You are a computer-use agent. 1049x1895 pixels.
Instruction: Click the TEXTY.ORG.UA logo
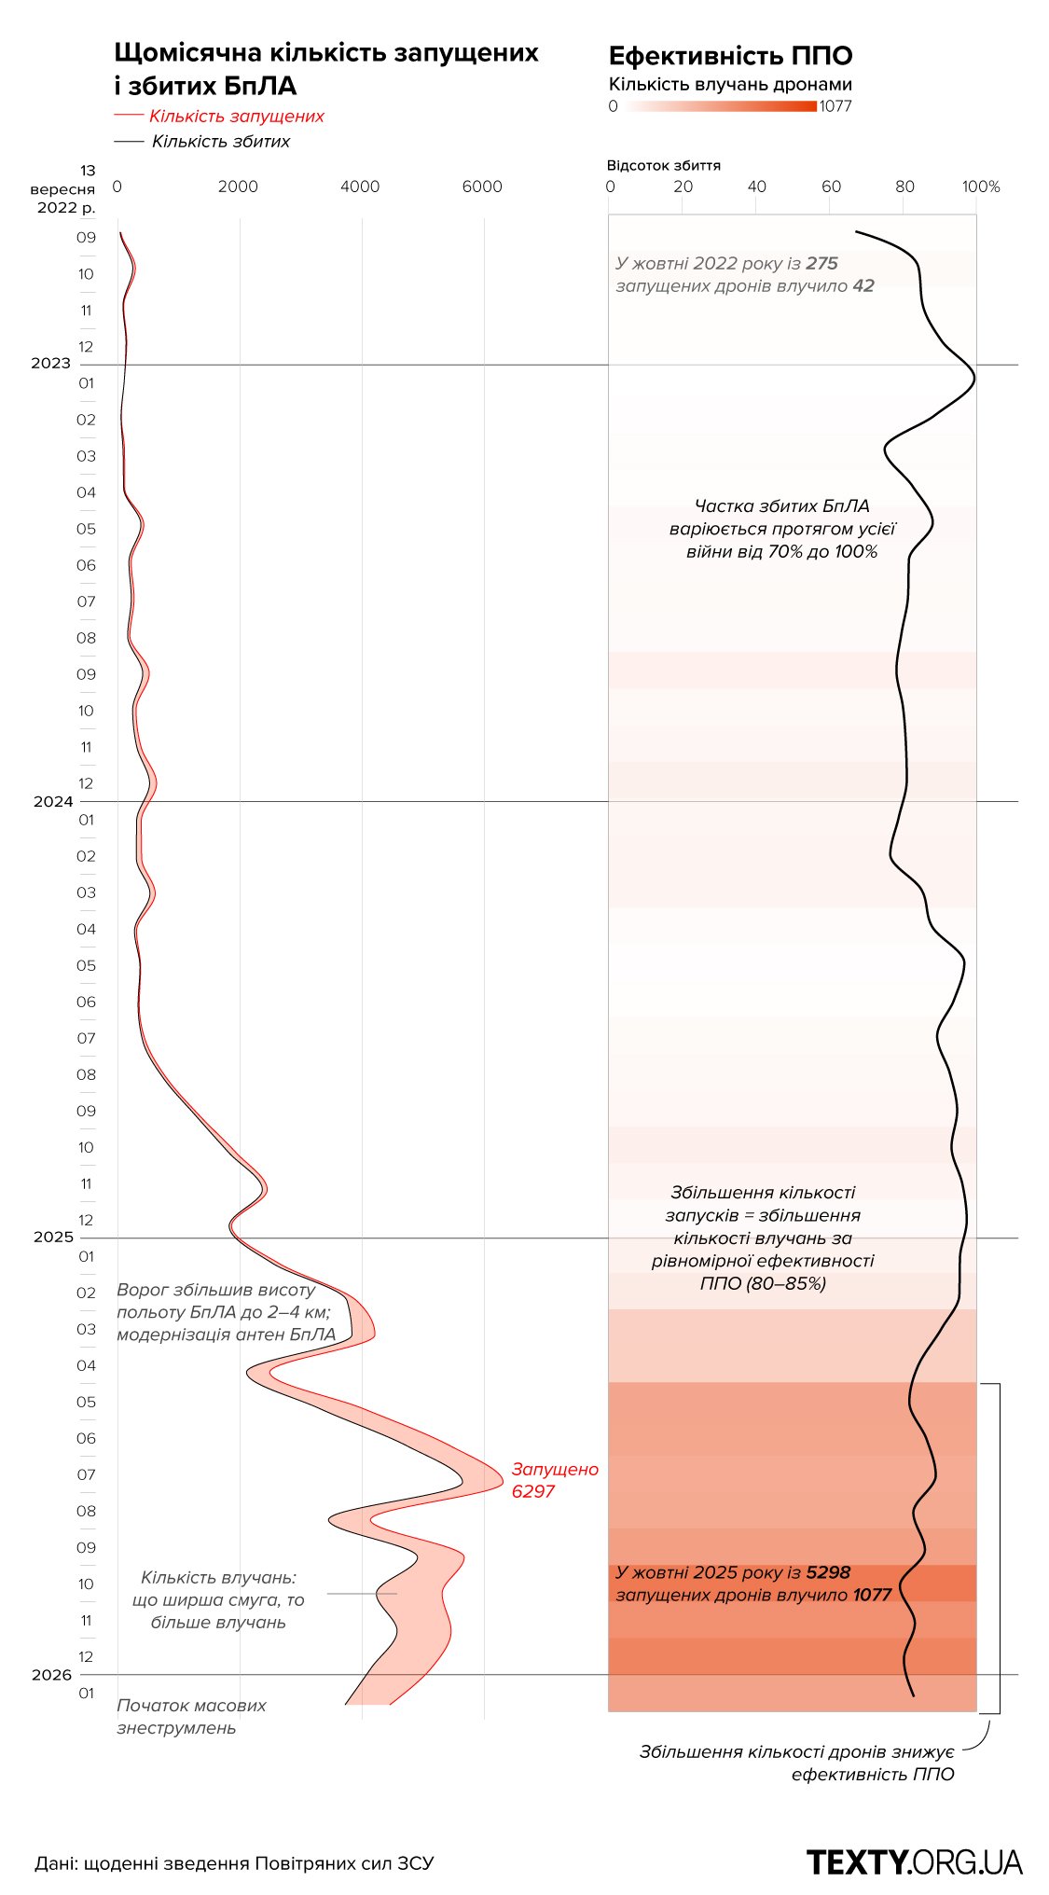914,1861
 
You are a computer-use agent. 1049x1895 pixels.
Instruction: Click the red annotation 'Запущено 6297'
554,1480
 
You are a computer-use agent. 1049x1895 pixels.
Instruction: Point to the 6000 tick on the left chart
482,187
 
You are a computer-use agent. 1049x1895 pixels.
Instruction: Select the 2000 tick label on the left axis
238,187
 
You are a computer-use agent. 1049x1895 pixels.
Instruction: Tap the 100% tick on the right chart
981,187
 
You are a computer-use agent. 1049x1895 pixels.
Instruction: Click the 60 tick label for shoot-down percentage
831,187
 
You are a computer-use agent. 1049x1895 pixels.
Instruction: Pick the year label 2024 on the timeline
53,801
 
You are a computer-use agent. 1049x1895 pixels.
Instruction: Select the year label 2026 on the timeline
51,1674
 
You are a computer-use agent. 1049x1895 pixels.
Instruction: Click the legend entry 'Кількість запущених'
236,117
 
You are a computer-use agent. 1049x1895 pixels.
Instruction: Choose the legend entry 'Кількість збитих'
221,142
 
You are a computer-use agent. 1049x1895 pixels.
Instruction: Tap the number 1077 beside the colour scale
835,106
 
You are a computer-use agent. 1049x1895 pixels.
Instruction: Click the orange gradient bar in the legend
720,106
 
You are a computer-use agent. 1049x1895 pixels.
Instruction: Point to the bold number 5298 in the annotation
828,1572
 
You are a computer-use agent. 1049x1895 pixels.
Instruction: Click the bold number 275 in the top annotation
821,264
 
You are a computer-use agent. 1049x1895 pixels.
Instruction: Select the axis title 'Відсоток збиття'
663,166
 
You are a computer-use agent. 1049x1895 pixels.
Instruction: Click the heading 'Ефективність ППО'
730,56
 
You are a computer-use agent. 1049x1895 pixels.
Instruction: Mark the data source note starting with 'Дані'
234,1863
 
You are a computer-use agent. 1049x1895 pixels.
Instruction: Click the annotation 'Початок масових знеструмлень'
191,1716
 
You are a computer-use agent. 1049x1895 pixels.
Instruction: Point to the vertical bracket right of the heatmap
999,1548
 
